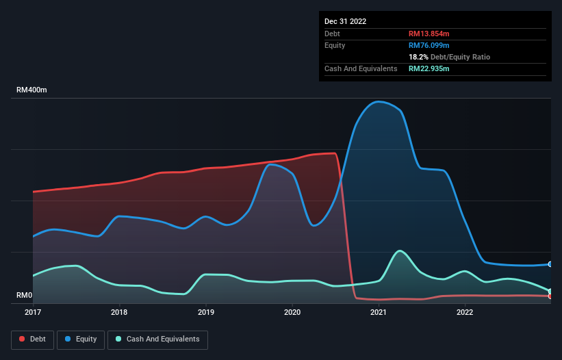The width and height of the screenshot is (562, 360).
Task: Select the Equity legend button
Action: click(x=81, y=339)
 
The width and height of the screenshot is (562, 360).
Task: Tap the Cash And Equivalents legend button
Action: click(x=157, y=339)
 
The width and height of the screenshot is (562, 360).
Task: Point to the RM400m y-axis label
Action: click(x=31, y=90)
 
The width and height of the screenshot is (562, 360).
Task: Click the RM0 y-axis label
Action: click(x=25, y=296)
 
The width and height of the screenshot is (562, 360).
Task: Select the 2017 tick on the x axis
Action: click(x=33, y=313)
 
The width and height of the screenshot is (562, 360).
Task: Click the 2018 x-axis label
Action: click(x=119, y=313)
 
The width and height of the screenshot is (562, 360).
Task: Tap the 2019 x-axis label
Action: click(x=205, y=313)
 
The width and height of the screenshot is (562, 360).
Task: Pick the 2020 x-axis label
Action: click(x=292, y=313)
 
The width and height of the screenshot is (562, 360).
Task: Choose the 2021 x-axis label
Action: click(x=379, y=313)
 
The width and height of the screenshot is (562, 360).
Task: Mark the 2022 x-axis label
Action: click(x=465, y=313)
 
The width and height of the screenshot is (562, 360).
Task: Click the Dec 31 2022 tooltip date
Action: click(x=345, y=21)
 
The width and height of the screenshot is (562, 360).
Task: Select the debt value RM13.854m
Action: click(x=429, y=34)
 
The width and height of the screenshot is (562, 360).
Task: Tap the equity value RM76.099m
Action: click(x=429, y=45)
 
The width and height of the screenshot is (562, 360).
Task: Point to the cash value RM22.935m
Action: click(x=429, y=68)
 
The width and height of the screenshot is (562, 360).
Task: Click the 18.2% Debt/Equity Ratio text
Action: click(x=449, y=57)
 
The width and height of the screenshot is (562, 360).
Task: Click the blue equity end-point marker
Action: click(x=550, y=264)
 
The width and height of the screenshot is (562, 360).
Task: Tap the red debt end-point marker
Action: click(x=550, y=296)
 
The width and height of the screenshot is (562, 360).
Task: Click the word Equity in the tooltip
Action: click(x=335, y=45)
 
